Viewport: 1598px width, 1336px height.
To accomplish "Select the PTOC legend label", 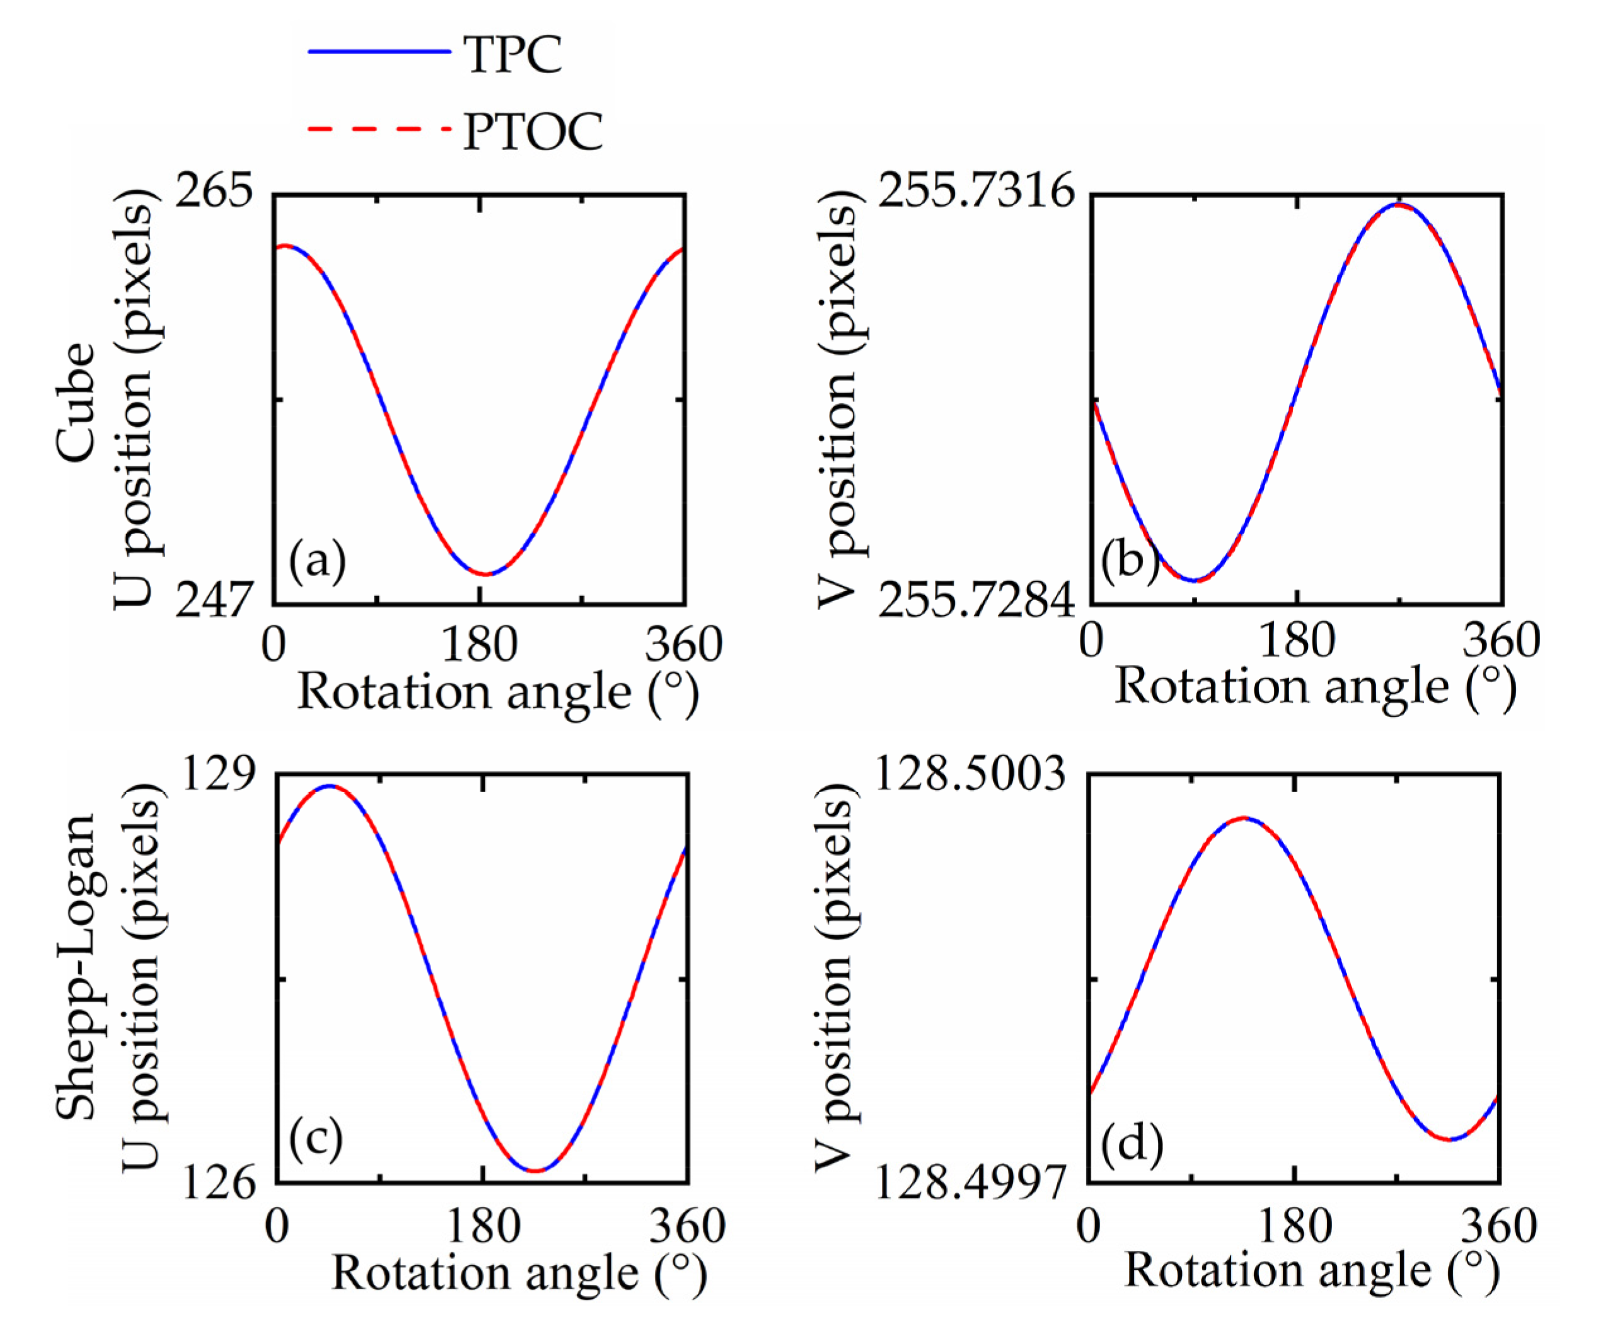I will tap(533, 132).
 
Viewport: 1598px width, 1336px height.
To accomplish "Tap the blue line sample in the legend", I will tap(379, 52).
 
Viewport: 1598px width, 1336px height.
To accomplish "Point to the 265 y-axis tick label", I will tap(214, 190).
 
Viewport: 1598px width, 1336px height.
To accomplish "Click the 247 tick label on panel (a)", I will tap(214, 601).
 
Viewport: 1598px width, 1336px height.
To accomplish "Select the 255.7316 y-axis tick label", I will tap(976, 190).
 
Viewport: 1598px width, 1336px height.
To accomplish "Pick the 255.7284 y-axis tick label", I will tap(976, 601).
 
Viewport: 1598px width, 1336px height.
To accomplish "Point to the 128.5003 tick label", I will tap(970, 775).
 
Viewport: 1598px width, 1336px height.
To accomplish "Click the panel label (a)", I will tap(317, 561).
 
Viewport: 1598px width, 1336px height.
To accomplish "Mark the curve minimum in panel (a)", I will tap(484, 575).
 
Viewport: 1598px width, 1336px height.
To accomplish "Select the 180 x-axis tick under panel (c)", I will tap(483, 1227).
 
